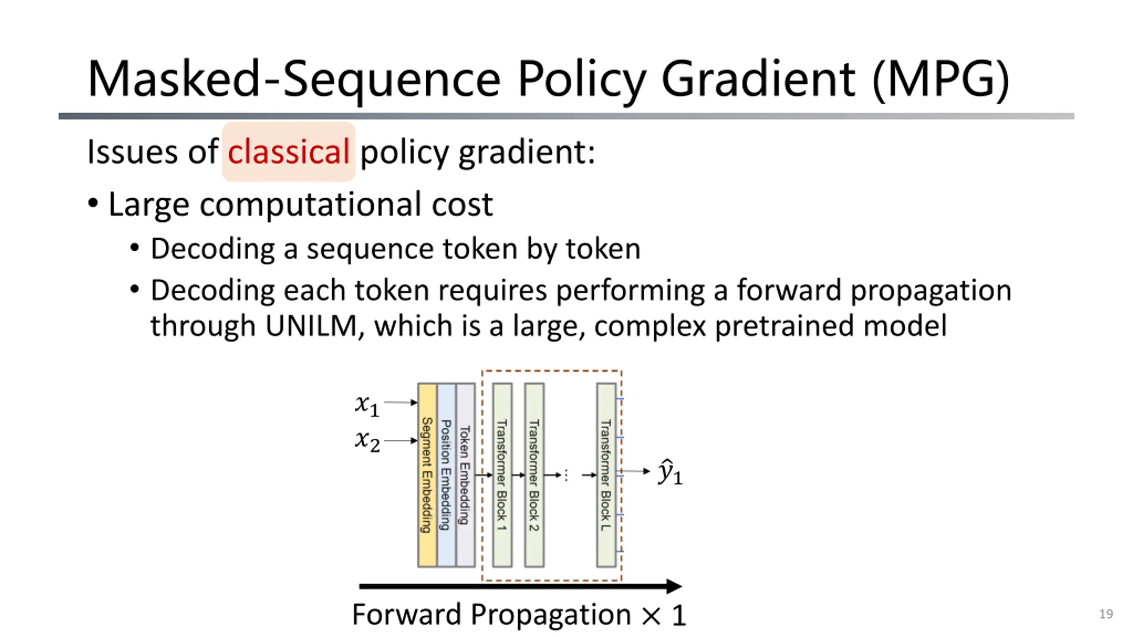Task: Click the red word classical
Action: coord(289,152)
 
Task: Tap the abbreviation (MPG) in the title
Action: coord(940,80)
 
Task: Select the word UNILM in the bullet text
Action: coord(311,326)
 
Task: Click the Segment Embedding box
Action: coord(427,475)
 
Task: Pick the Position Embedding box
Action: coord(446,475)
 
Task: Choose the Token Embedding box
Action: coord(465,475)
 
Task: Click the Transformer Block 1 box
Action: coord(502,475)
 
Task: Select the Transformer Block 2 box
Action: coord(534,475)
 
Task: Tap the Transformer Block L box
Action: coord(606,475)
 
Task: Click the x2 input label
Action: coord(367,441)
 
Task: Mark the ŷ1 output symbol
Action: coord(670,472)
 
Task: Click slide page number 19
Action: coord(1106,614)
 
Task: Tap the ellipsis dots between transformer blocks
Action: coord(566,476)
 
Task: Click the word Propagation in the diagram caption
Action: coord(550,615)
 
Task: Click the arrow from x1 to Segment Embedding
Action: coord(401,402)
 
